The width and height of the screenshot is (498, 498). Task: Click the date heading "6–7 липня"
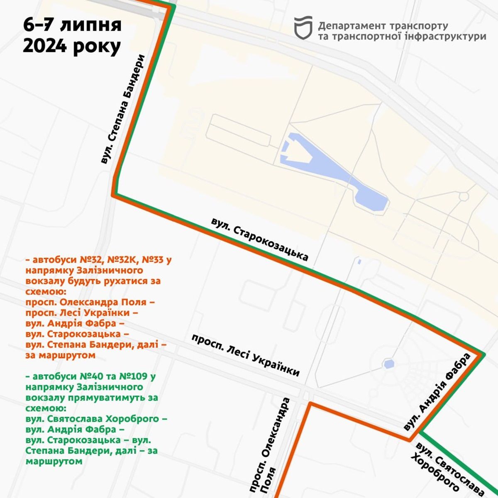(x=72, y=25)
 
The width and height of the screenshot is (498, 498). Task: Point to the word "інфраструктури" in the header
(x=446, y=37)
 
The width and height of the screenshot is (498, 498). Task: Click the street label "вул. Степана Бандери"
(x=123, y=109)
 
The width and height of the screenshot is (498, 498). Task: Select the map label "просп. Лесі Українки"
(x=245, y=355)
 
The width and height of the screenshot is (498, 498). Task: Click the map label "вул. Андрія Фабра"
(x=437, y=392)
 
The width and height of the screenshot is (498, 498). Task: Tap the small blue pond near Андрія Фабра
(x=389, y=364)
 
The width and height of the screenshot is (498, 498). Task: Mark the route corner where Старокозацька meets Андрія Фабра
(x=482, y=354)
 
